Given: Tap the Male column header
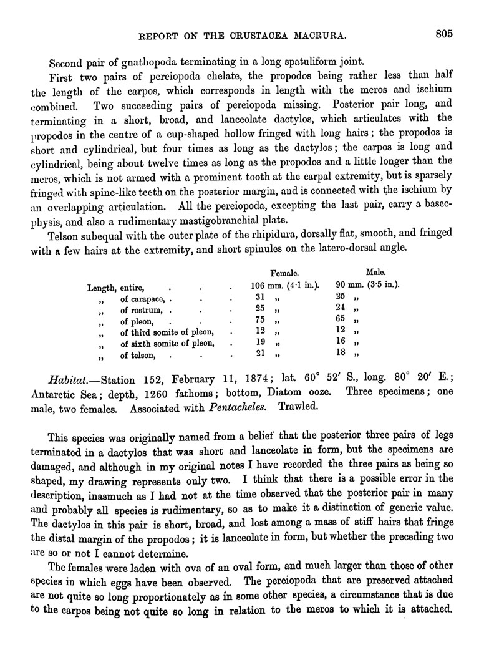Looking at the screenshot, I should tap(377, 272).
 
